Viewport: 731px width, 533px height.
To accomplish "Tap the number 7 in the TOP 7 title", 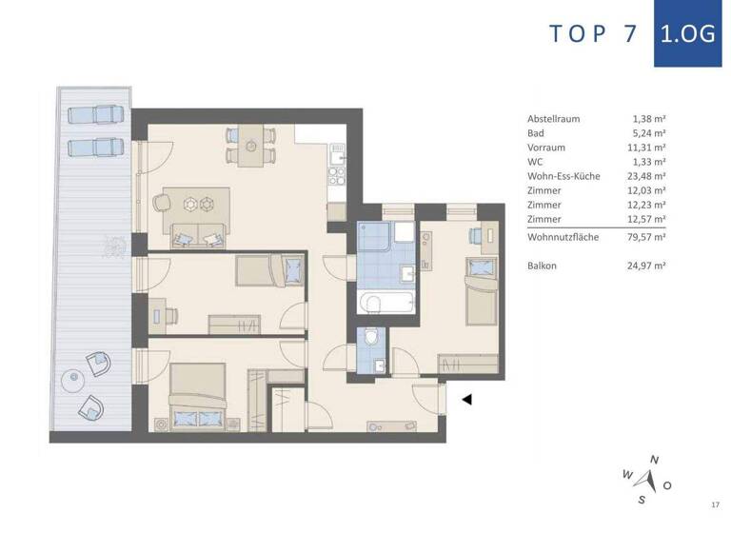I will (x=628, y=33).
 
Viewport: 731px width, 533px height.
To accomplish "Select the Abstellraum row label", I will (x=553, y=119).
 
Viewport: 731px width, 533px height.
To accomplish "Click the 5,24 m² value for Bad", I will (x=648, y=133).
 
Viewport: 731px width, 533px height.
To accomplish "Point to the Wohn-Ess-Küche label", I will (x=563, y=176).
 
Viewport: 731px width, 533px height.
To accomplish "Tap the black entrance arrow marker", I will (x=466, y=401).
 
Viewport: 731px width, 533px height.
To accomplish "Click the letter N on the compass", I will (x=654, y=461).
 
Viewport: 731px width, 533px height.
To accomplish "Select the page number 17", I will (x=715, y=503).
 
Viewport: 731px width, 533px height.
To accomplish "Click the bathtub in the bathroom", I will (x=385, y=304).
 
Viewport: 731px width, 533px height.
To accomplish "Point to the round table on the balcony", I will (x=70, y=380).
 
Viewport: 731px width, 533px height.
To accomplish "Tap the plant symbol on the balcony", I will (x=112, y=244).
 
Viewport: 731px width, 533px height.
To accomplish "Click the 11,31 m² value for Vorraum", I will (x=648, y=148).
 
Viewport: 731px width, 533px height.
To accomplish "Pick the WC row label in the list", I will (x=535, y=162).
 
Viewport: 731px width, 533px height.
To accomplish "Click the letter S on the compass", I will (x=642, y=499).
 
